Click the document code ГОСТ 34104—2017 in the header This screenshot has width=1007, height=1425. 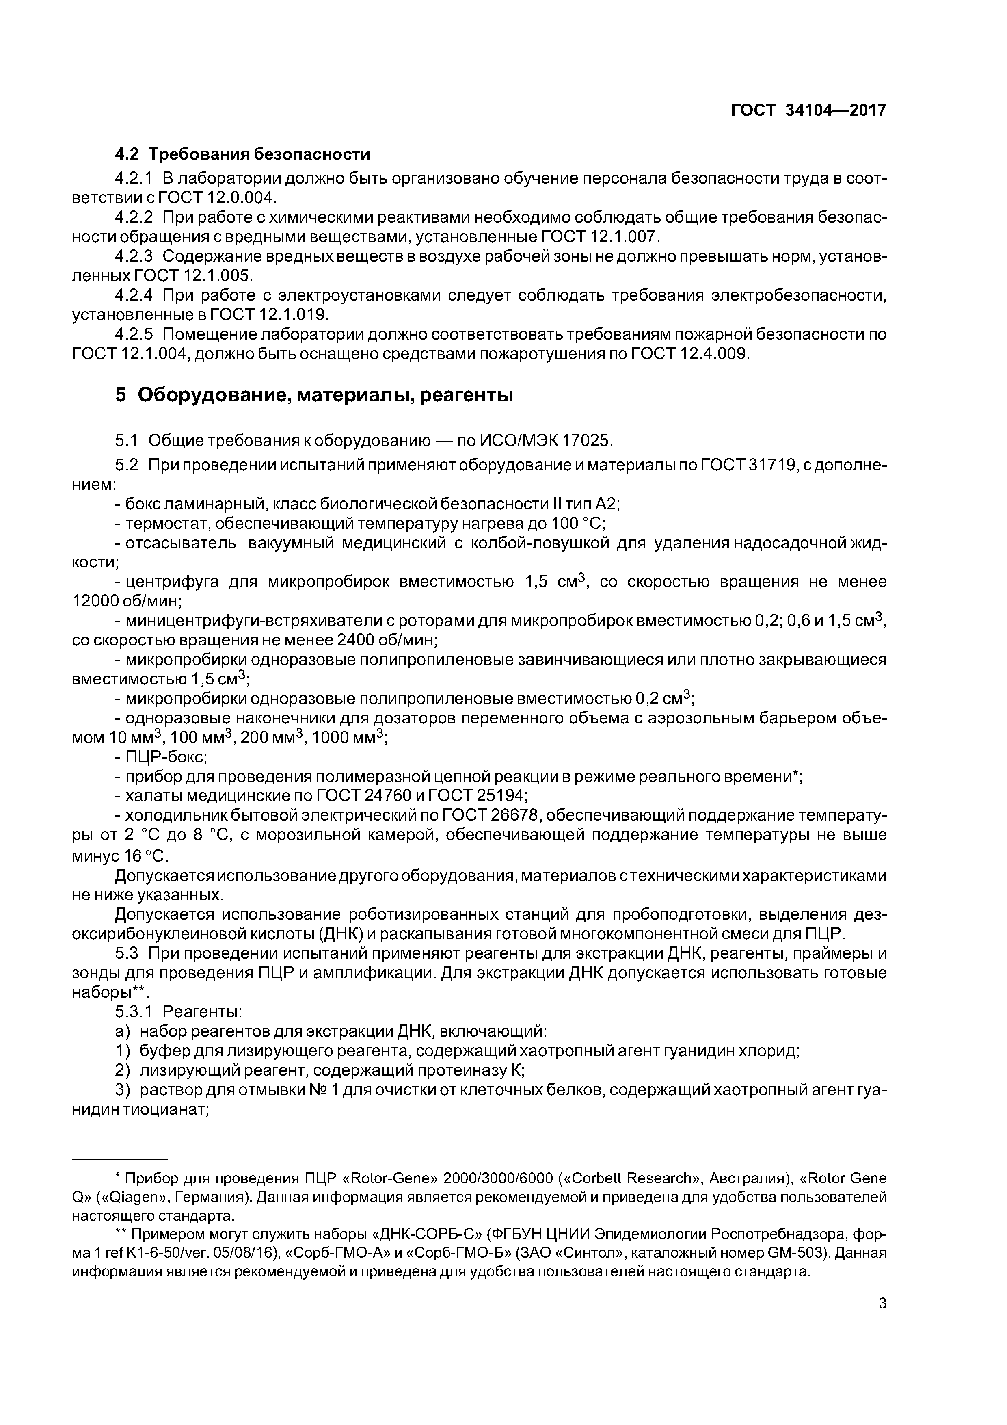[x=808, y=110]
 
